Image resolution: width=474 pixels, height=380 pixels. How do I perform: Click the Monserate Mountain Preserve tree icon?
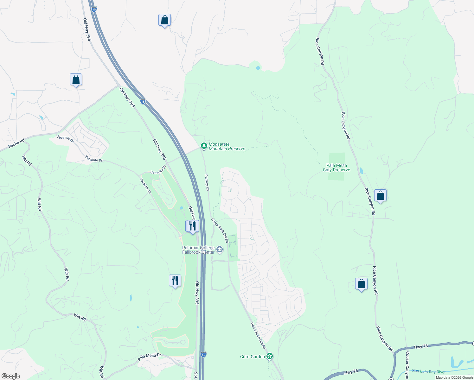(x=204, y=146)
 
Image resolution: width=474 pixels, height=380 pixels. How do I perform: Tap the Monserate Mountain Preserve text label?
(x=227, y=147)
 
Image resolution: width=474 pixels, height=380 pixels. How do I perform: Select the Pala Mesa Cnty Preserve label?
(x=336, y=168)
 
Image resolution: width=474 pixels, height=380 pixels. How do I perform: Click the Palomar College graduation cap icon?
(x=219, y=250)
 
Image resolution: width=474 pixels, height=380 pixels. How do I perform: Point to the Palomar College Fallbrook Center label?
(x=198, y=250)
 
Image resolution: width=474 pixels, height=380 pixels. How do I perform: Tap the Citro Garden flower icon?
(x=270, y=357)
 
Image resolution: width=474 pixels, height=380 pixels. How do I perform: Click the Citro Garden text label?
(x=253, y=357)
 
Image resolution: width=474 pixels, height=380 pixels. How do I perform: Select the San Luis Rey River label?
(x=429, y=371)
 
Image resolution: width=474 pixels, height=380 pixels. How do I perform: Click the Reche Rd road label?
(x=16, y=143)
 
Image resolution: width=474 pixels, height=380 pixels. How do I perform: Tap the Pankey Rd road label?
(x=207, y=182)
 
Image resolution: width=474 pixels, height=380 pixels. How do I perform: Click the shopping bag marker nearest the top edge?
(x=164, y=20)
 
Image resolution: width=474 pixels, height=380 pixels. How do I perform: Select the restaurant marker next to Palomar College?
(x=192, y=226)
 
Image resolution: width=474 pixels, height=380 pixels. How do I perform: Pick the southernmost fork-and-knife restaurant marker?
(x=175, y=281)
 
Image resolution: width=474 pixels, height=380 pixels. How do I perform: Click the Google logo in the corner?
(x=11, y=376)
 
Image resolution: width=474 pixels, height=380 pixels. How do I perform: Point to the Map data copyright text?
(x=454, y=377)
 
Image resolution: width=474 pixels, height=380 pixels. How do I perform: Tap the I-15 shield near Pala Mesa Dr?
(x=203, y=354)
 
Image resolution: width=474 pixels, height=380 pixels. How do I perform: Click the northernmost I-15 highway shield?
(x=94, y=9)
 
